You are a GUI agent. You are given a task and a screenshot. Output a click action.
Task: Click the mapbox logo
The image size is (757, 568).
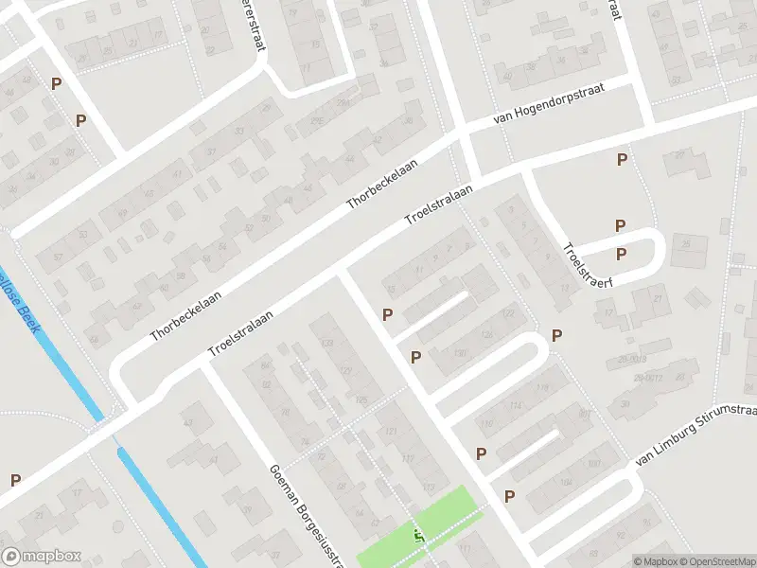42,557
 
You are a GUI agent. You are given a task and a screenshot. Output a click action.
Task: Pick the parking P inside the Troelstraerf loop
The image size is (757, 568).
621,254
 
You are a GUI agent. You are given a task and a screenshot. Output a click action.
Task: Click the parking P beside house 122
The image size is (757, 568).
557,335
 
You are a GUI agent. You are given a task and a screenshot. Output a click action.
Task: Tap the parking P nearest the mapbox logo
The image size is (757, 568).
15,480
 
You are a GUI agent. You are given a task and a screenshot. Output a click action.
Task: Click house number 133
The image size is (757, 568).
327,342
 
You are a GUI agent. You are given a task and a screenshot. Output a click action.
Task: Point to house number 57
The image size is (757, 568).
59,256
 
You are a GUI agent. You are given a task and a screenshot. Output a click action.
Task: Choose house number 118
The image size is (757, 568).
542,388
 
